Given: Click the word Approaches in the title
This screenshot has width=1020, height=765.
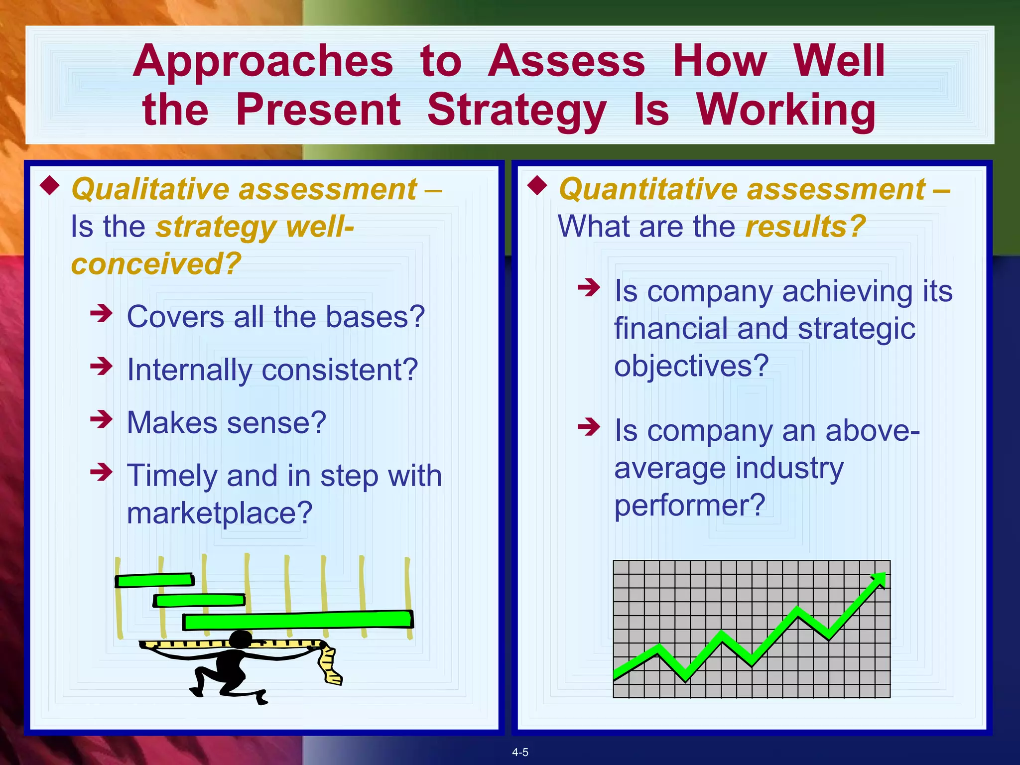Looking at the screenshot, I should coord(263,62).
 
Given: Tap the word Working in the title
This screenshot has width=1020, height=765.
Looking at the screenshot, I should coord(785,111).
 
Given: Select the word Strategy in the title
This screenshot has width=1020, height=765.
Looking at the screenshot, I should coord(516,111).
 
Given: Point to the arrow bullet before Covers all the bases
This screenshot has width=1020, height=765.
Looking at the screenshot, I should coord(102,314).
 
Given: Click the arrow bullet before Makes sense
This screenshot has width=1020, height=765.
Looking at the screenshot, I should coord(102,419).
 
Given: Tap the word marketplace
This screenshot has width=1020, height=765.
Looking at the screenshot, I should coord(220,513).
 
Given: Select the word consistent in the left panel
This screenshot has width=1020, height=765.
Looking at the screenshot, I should coord(340,370).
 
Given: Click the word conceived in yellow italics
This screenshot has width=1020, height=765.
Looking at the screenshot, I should coord(156,263).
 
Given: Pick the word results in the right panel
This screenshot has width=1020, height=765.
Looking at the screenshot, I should coord(805,227).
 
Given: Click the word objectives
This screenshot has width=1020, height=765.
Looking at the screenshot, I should coord(691,366).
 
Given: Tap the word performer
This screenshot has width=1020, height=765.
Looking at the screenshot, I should coord(689,506).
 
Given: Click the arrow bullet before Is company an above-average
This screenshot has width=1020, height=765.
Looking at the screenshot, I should coord(589,427).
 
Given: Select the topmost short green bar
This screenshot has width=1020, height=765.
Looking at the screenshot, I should coord(154,580).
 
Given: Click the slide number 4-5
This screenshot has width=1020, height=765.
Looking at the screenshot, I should coord(520,753).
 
